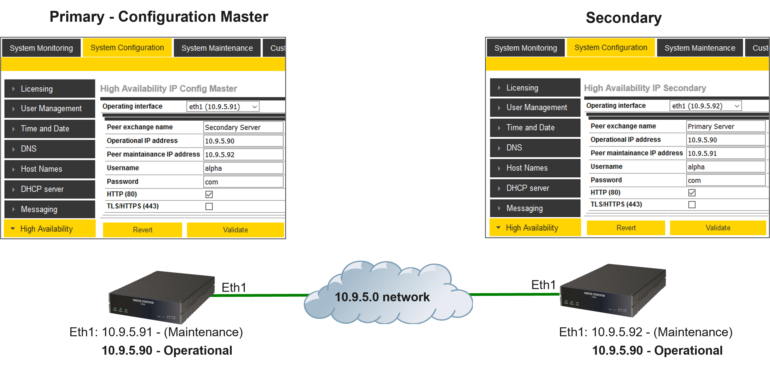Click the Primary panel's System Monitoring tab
pyautogui.click(x=41, y=48)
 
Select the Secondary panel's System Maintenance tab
pyautogui.click(x=699, y=48)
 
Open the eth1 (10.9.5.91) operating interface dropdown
pyautogui.click(x=223, y=107)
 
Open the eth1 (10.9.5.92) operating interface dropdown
pyautogui.click(x=705, y=106)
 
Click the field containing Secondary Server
pyautogui.click(x=243, y=127)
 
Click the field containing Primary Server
pyautogui.click(x=726, y=126)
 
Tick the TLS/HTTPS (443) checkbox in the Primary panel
pyautogui.click(x=209, y=206)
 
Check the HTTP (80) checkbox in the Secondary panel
pyautogui.click(x=692, y=193)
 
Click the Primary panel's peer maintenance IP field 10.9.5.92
pyautogui.click(x=243, y=154)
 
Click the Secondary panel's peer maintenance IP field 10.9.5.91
pyautogui.click(x=726, y=153)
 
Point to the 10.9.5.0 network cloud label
pyautogui.click(x=382, y=297)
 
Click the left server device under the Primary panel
pyautogui.click(x=161, y=297)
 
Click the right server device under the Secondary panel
pyautogui.click(x=613, y=291)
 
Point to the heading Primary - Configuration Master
pyautogui.click(x=159, y=17)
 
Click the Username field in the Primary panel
pyautogui.click(x=243, y=168)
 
